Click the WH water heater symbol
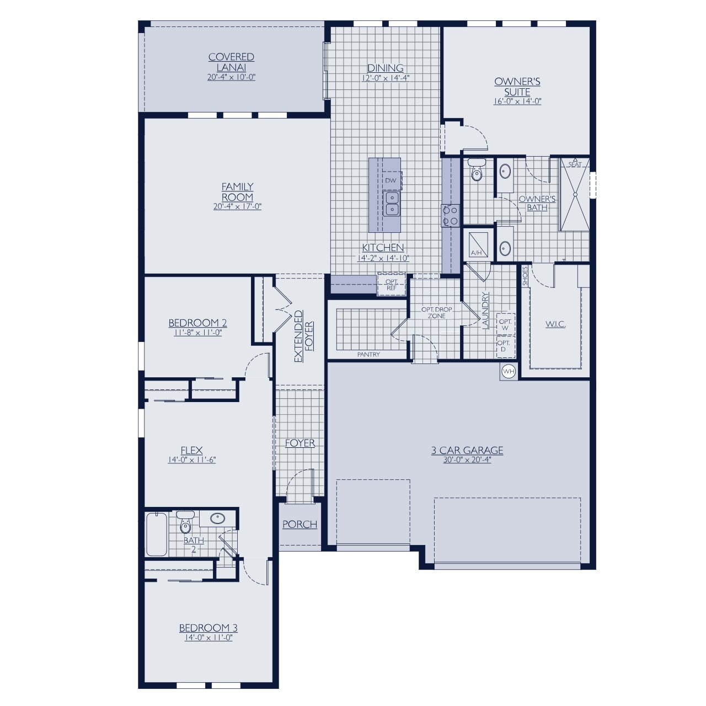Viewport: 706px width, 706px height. [509, 371]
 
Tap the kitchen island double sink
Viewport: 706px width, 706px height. [392, 204]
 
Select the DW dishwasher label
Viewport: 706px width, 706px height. [391, 180]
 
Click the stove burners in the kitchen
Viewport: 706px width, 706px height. [451, 215]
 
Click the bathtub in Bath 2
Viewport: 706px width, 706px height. [157, 534]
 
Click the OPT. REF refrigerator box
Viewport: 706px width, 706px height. [392, 285]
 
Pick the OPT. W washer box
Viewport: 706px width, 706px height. [505, 324]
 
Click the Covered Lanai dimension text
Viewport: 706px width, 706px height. [231, 78]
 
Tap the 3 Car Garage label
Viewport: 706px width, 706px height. [467, 450]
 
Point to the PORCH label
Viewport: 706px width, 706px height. [300, 524]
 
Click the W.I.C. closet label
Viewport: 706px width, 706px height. [555, 324]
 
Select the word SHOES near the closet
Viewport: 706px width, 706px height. [525, 276]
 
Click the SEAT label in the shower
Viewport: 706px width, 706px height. [575, 164]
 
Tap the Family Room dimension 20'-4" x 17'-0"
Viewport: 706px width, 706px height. [237, 207]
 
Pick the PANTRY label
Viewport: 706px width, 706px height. [368, 354]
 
